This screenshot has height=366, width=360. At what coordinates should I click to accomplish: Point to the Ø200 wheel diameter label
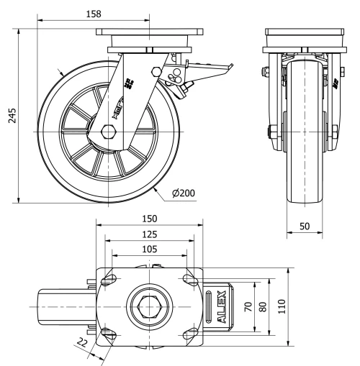tap(185, 193)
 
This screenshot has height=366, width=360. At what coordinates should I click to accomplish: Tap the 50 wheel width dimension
tap(305, 226)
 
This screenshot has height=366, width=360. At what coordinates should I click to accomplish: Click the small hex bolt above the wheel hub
tap(156, 70)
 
